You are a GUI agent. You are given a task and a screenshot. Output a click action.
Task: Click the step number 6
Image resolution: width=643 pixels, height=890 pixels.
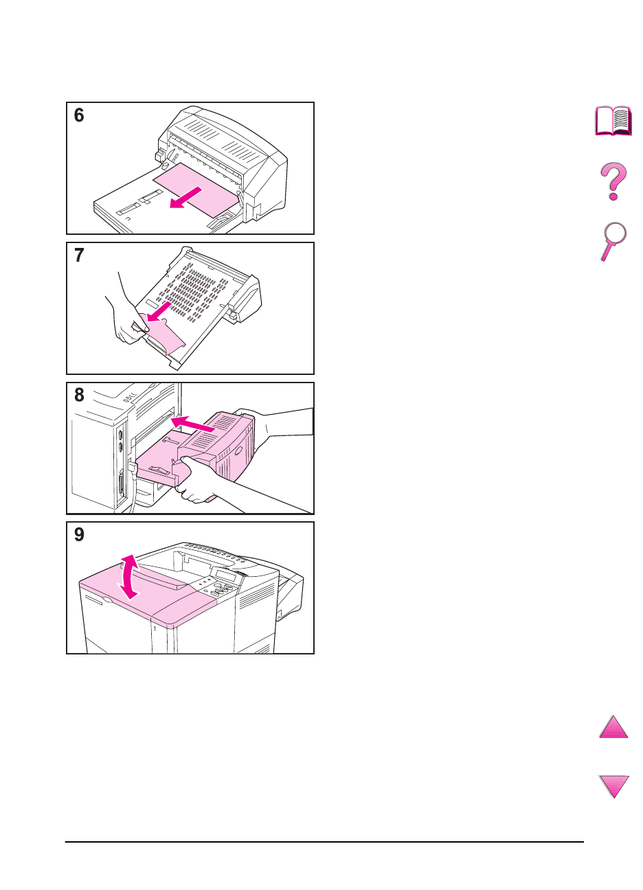coord(79,115)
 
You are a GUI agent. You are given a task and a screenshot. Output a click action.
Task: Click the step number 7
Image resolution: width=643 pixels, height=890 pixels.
coord(79,255)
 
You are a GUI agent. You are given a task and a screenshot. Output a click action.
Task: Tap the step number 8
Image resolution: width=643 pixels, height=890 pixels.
coord(79,395)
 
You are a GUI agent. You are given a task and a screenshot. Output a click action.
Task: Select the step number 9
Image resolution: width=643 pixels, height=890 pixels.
coord(79,534)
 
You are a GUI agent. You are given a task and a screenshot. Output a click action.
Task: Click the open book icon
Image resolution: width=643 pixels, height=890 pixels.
coord(613,121)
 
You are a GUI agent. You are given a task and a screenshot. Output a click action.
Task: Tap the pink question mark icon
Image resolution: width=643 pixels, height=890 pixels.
coord(613,181)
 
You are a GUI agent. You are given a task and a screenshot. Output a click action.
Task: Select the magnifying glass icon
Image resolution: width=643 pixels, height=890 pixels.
coord(613,241)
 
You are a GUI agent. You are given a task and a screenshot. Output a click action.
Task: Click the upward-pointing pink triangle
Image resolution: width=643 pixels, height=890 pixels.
coord(613,727)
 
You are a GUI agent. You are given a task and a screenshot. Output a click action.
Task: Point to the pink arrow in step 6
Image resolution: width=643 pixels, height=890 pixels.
coord(186,198)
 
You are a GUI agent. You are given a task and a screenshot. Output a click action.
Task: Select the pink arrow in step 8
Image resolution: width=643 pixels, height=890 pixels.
coord(193,424)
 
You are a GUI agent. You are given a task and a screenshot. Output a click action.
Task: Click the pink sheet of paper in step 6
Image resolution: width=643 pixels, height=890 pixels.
coord(196,190)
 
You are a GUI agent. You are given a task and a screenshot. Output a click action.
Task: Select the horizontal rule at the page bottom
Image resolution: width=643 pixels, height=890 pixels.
coord(324,841)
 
